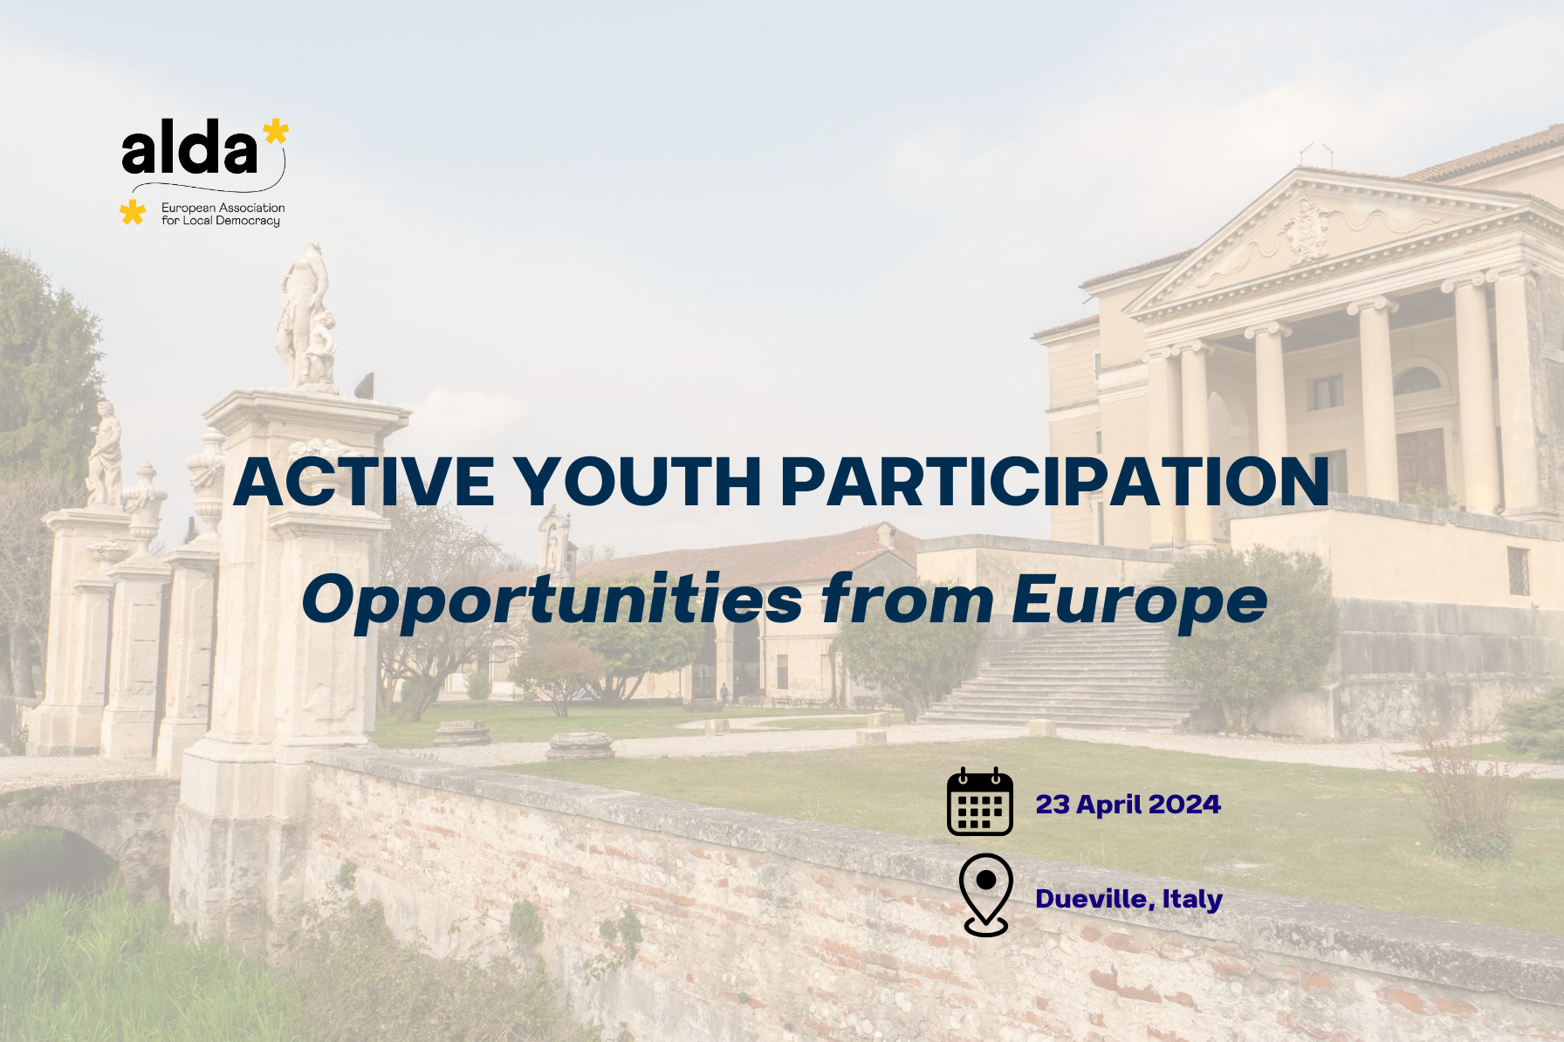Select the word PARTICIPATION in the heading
tap(1053, 482)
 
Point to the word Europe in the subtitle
tap(1139, 600)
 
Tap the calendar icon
tap(980, 803)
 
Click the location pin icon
tap(985, 895)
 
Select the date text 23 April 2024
tap(1128, 805)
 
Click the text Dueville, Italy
tap(1128, 899)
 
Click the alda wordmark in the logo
tap(189, 150)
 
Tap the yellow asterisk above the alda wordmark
tap(276, 132)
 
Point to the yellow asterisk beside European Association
tap(133, 212)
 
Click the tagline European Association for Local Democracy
tap(223, 215)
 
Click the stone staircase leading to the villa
tap(1060, 681)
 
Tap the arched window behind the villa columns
tap(1417, 380)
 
